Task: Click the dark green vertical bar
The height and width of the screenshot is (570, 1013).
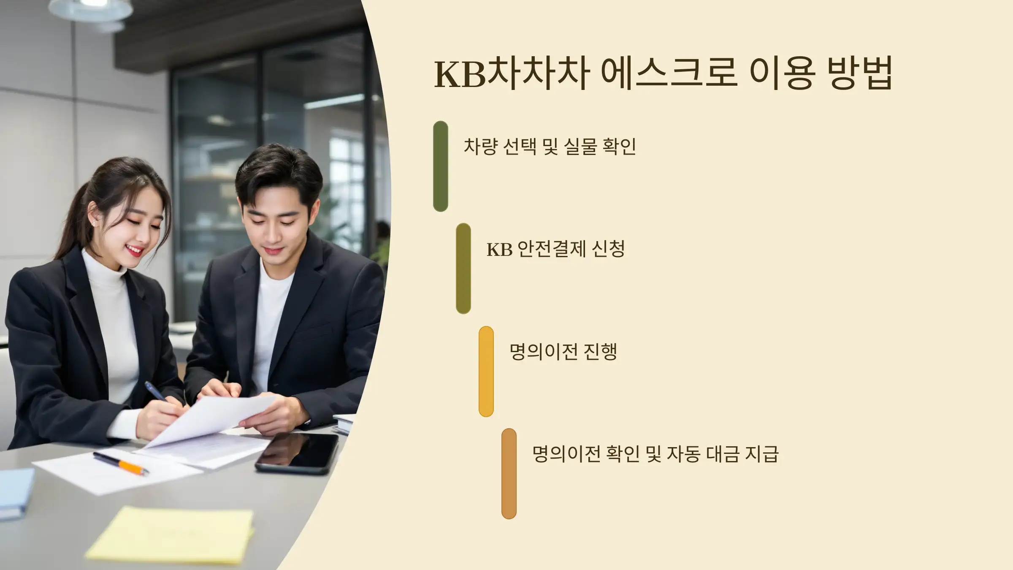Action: click(440, 166)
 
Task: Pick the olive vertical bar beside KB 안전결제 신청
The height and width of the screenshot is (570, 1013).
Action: click(463, 269)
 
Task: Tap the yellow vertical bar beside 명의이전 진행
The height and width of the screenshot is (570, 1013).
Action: click(486, 371)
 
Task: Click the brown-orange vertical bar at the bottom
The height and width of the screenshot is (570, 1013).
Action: click(509, 473)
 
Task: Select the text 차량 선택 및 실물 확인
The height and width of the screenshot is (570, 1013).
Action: click(550, 147)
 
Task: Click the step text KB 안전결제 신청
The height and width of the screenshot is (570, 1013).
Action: click(555, 249)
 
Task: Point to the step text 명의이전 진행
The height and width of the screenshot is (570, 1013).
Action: click(563, 352)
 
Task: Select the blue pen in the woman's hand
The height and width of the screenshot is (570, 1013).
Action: click(156, 391)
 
